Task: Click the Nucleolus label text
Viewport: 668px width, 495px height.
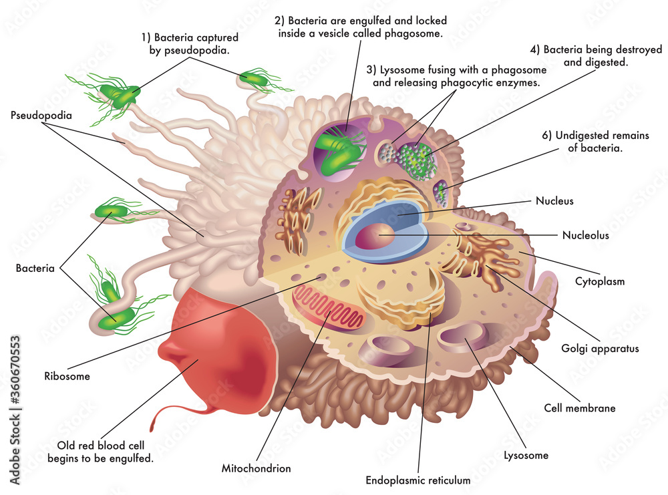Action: [x=585, y=235]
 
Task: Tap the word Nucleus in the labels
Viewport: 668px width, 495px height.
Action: [x=554, y=200]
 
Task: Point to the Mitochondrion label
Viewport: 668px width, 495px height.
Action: [x=256, y=468]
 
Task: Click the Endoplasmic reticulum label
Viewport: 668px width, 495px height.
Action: [x=418, y=480]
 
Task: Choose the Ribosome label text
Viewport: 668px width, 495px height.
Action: [x=67, y=376]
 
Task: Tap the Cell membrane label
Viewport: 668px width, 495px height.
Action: [x=579, y=407]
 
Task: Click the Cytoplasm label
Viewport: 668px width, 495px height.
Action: [x=599, y=281]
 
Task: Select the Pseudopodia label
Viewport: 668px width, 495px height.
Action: [x=41, y=115]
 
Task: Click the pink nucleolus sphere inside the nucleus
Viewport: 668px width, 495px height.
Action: [x=375, y=237]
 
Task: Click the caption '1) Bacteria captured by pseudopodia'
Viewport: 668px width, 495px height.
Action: [x=189, y=43]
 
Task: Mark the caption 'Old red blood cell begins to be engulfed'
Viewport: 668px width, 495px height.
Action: [x=100, y=452]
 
